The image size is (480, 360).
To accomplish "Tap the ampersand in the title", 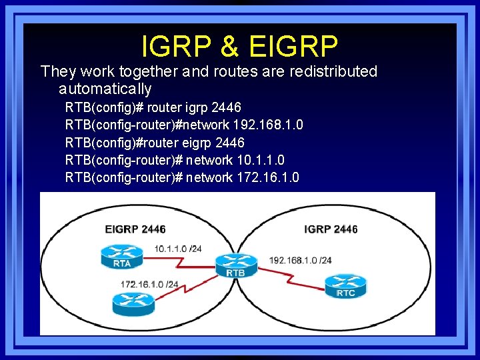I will pos(228,46).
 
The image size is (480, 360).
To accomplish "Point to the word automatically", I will pos(105,89).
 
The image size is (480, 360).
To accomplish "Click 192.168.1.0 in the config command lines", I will pos(266,125).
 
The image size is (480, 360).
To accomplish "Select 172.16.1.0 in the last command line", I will pos(268,177).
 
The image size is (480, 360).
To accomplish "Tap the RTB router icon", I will pos(235,264).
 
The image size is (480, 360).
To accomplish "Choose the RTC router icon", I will pos(345,285).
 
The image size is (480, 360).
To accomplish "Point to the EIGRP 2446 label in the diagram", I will pos(135,229).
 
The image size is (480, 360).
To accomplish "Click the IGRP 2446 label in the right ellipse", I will pos(331,229).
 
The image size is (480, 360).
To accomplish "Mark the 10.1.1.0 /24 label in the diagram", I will pos(178,249).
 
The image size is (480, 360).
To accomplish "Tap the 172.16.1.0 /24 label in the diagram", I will pos(149,284).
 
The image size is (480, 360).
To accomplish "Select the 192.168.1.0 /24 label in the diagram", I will pos(301,259).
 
